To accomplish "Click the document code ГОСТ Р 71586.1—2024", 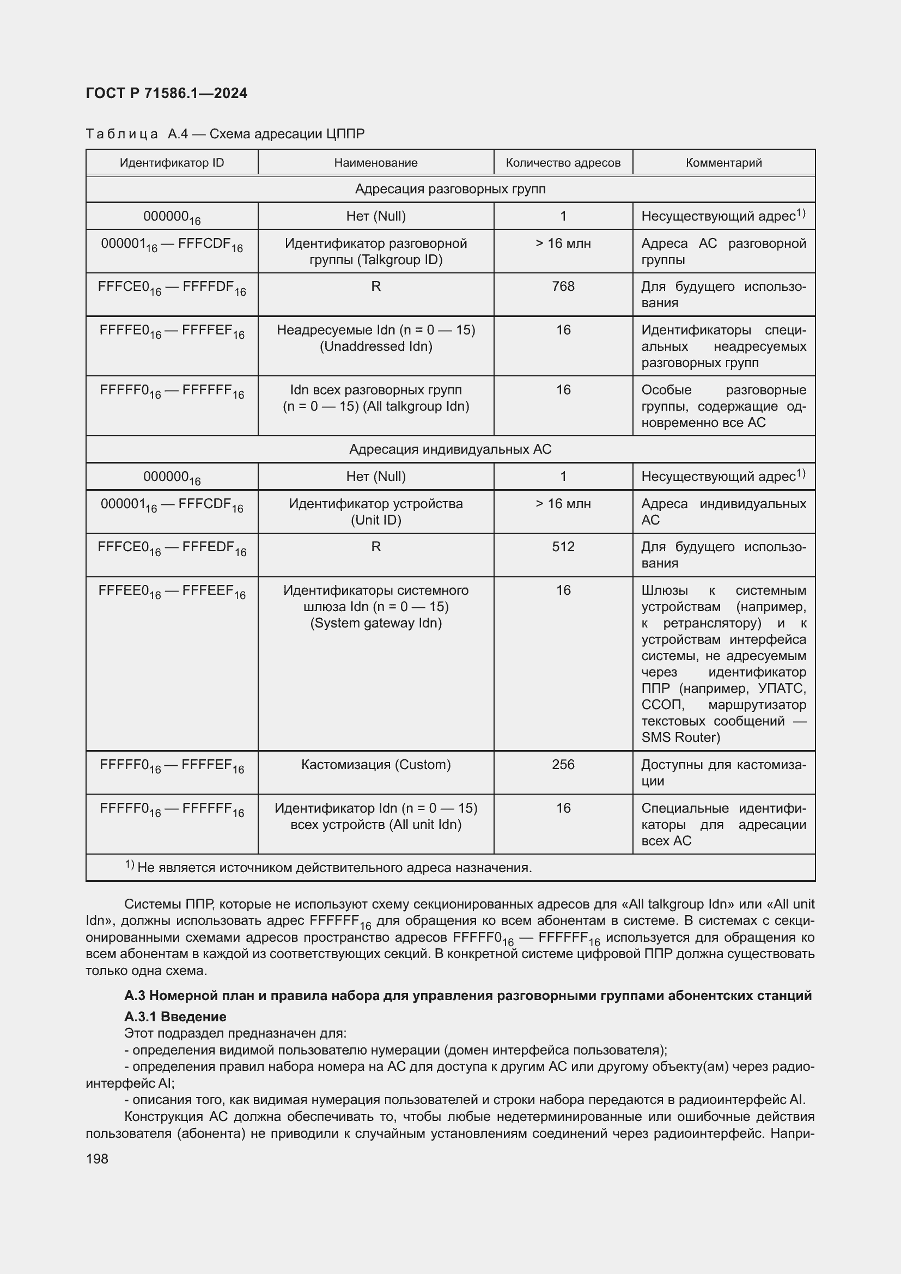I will pos(167,93).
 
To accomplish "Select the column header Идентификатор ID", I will pos(172,162).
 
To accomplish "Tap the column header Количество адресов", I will pos(563,162).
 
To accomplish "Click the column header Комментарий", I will pos(723,162).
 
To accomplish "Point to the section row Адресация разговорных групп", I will pos(450,189).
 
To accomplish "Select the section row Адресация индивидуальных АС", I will pos(450,449).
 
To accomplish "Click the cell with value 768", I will pos(563,287).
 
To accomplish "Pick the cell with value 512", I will pos(563,546).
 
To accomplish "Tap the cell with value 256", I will pos(563,764).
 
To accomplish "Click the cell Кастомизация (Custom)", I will pos(376,764).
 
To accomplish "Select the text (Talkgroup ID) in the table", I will pos(376,260).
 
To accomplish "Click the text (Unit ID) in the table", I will pos(376,520).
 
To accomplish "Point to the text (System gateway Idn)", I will pos(376,623).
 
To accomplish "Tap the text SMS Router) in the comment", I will pos(681,737).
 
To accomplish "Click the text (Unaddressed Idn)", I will pos(376,346).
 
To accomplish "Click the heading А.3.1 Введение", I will pos(175,1016).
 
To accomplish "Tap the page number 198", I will pos(97,1159).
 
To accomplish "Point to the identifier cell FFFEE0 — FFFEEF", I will pos(172,592).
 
